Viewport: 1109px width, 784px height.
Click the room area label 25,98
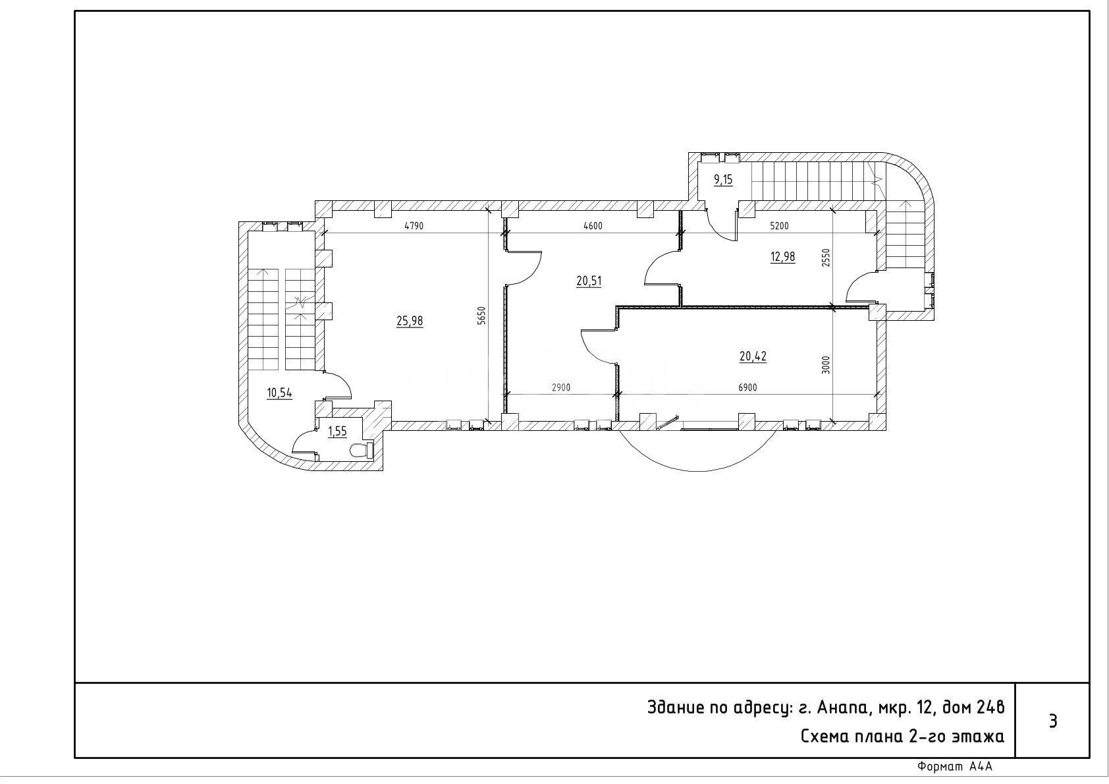click(x=410, y=321)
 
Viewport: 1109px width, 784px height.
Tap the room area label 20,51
click(x=589, y=281)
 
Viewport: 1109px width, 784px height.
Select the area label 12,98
click(x=783, y=256)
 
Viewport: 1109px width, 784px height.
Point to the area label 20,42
click(x=753, y=356)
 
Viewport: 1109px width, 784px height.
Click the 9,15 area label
click(x=723, y=179)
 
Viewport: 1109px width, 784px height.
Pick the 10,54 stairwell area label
click(x=279, y=393)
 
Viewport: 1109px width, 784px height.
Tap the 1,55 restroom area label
click(x=338, y=432)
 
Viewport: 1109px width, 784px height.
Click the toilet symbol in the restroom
click(x=361, y=451)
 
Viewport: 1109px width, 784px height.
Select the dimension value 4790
click(x=414, y=227)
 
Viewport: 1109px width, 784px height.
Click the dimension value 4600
click(x=593, y=227)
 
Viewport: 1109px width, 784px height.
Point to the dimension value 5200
click(x=779, y=227)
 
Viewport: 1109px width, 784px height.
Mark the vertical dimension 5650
click(x=481, y=316)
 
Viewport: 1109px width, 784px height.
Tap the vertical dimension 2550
click(x=825, y=258)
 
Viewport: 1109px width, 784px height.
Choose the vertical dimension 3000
click(x=825, y=365)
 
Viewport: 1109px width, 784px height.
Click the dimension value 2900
click(x=561, y=388)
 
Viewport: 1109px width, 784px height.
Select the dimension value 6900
click(x=747, y=388)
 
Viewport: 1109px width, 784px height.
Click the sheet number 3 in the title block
click(x=1053, y=721)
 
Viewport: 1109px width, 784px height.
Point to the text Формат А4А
click(x=955, y=767)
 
